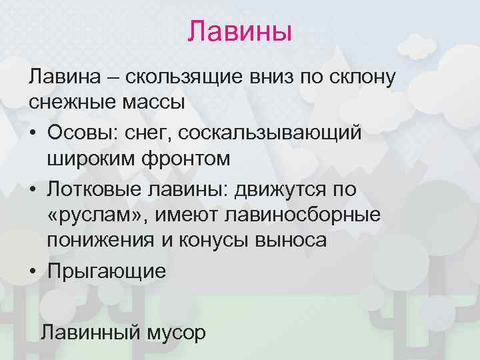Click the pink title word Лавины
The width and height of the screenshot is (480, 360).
point(240,31)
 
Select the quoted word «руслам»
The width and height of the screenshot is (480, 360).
point(89,217)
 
